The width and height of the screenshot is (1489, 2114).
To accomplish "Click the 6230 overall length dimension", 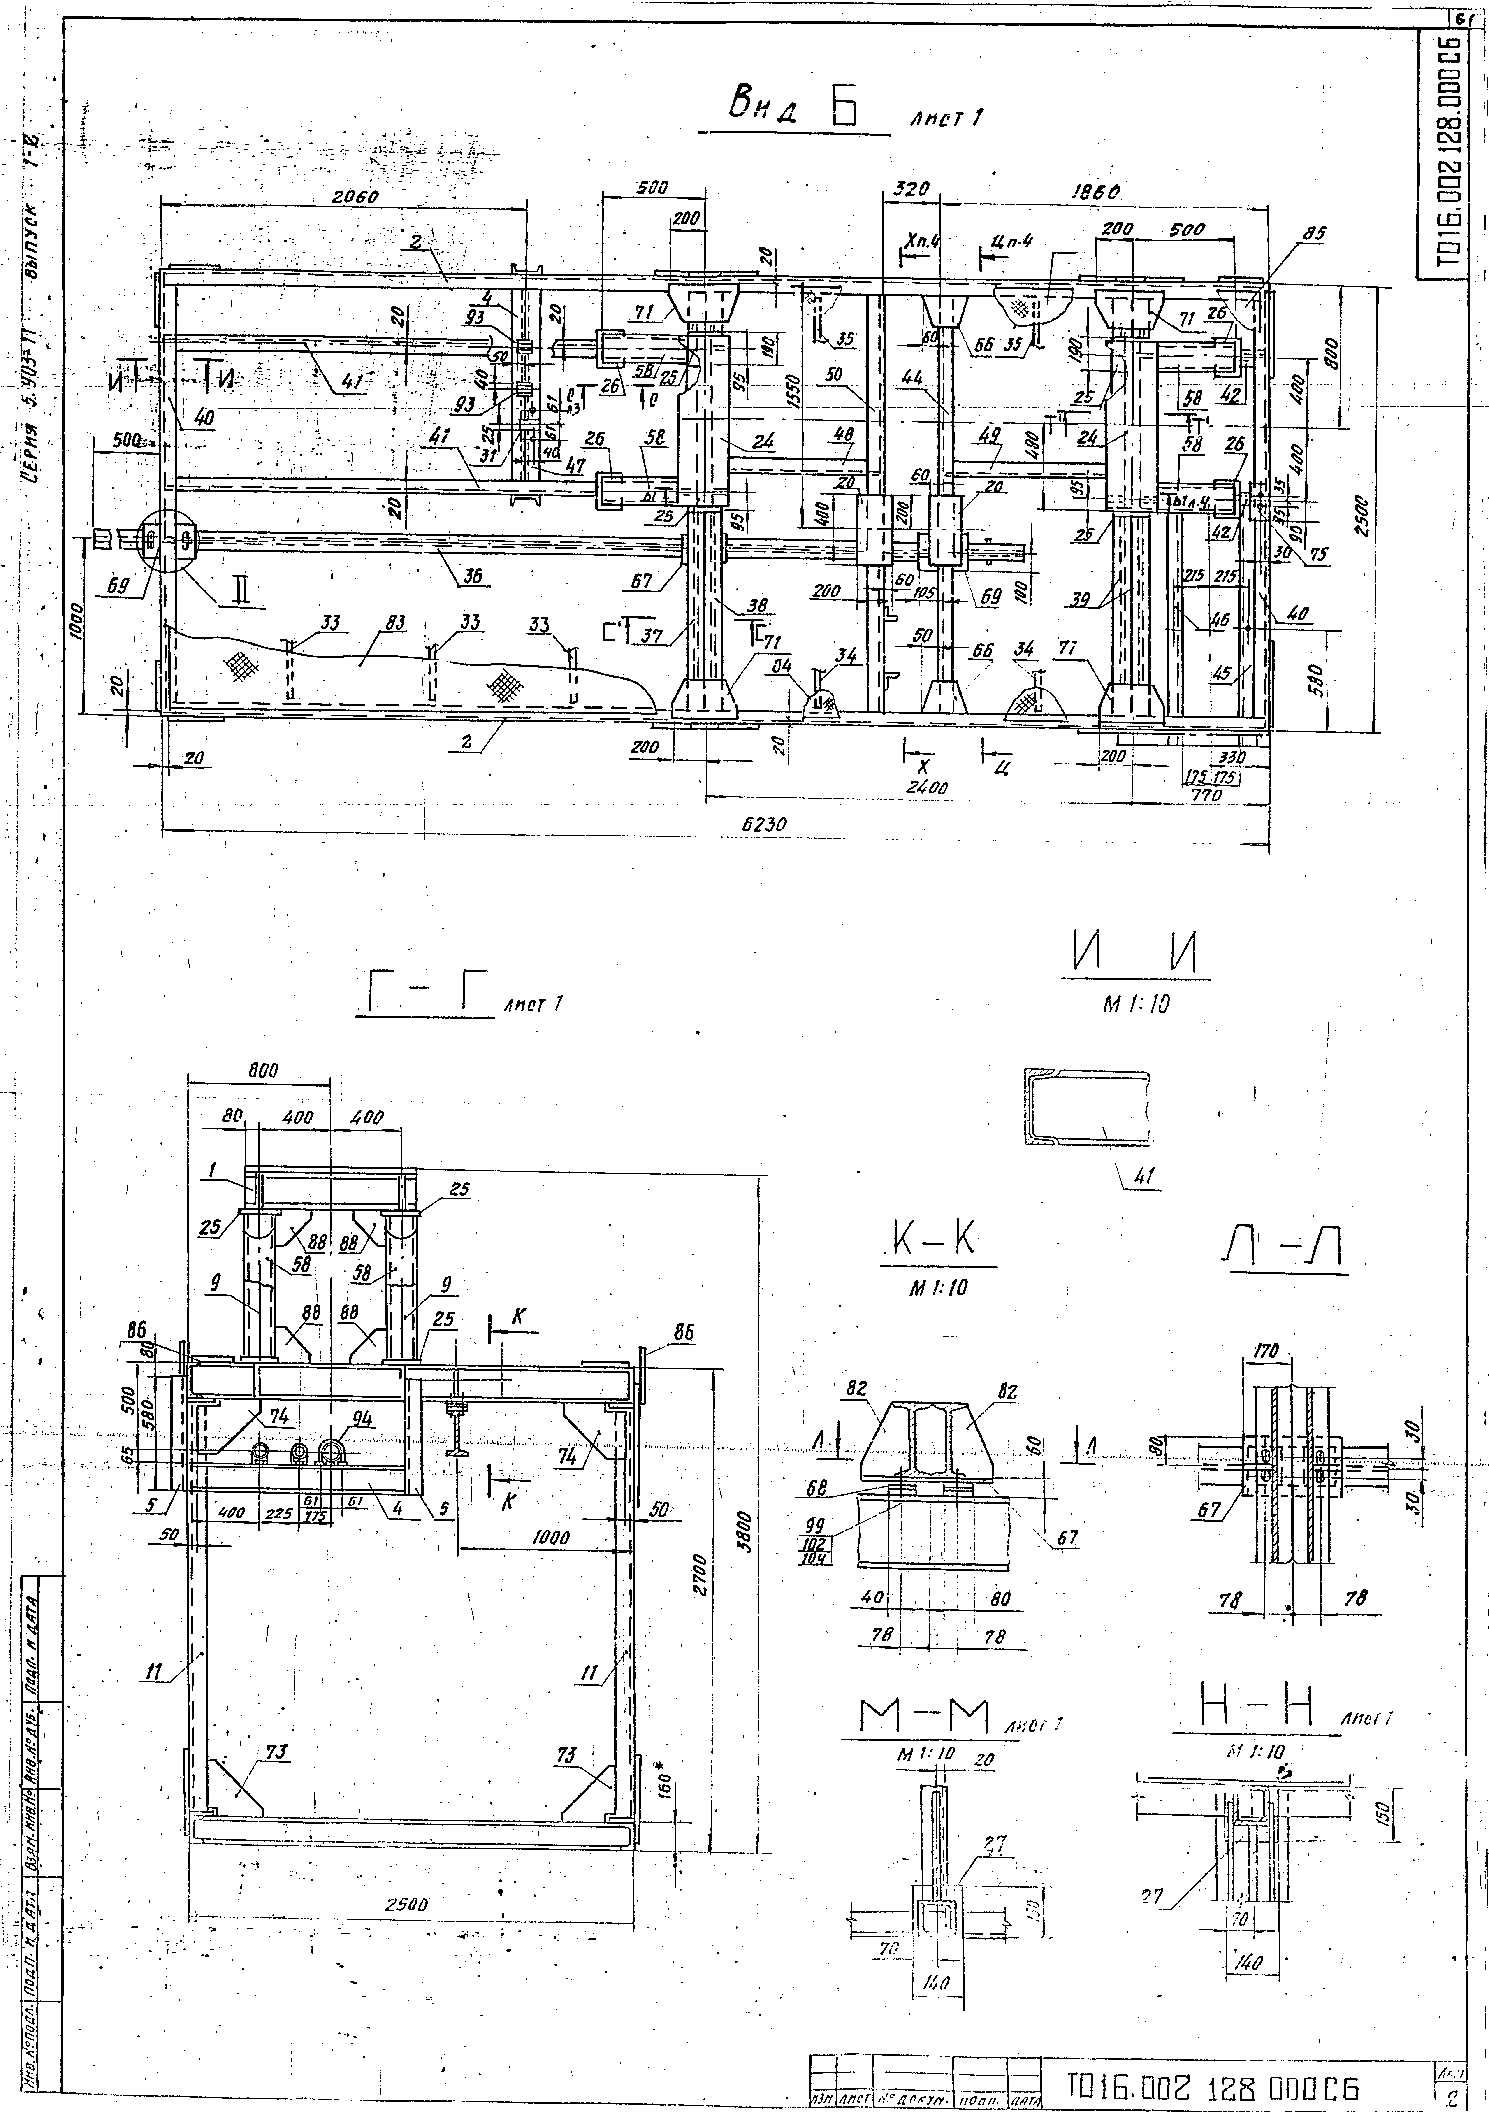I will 764,825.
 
